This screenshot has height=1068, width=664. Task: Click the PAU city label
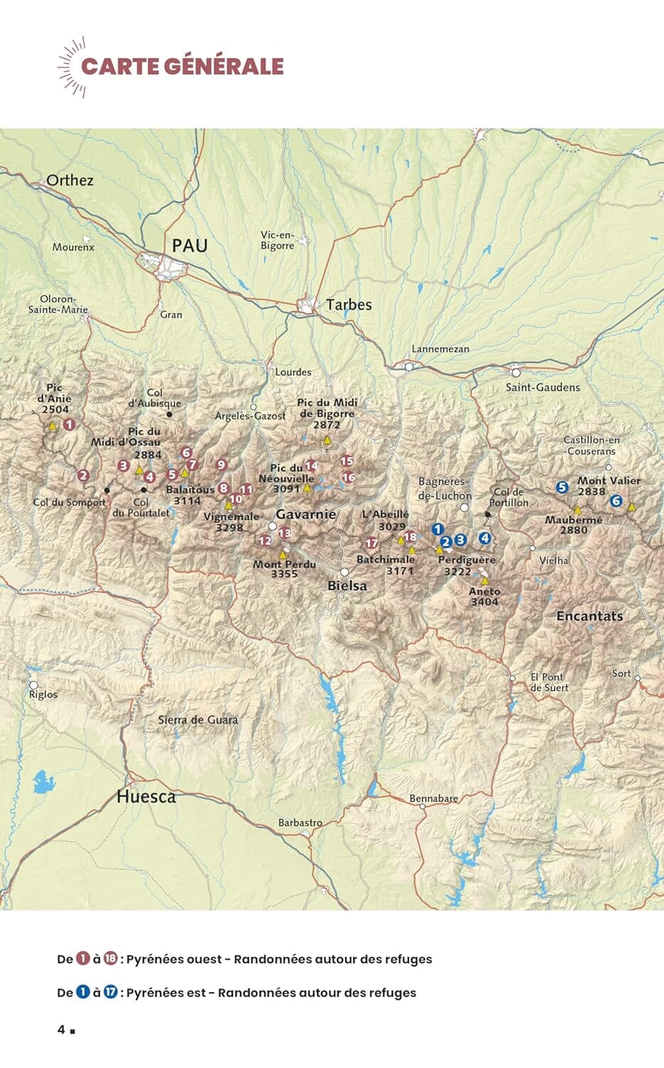click(189, 246)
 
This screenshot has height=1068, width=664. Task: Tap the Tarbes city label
click(349, 305)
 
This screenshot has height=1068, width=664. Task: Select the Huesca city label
click(146, 797)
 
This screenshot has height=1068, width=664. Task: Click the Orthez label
click(70, 180)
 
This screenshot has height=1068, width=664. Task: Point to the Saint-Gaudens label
click(542, 387)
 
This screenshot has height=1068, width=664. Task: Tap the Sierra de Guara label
click(198, 720)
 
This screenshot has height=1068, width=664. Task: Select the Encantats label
click(589, 617)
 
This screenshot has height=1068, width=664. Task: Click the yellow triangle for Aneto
click(485, 580)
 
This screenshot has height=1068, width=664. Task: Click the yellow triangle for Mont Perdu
click(283, 554)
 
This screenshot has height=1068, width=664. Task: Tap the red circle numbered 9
click(221, 465)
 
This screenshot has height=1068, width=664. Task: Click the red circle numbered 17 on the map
click(371, 544)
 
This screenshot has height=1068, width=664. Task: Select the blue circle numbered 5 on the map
click(562, 488)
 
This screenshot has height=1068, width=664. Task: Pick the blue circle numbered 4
click(485, 538)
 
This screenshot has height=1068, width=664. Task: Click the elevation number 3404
click(485, 602)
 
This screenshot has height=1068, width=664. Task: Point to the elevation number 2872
click(327, 424)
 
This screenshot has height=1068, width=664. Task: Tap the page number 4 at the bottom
click(62, 1030)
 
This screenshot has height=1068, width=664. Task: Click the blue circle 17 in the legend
click(111, 993)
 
